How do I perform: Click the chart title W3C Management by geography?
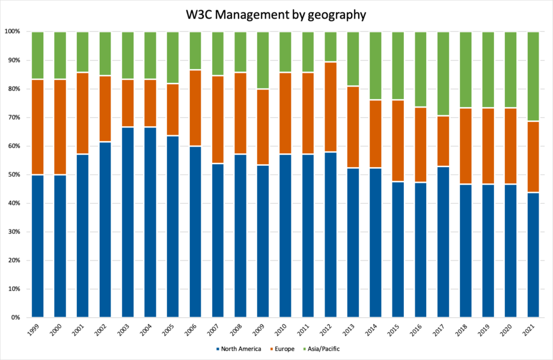pyautogui.click(x=276, y=14)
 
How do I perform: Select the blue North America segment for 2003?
pyautogui.click(x=128, y=222)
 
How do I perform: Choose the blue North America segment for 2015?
pyautogui.click(x=398, y=249)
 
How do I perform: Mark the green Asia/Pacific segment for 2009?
pyautogui.click(x=263, y=60)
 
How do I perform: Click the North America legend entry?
pyautogui.click(x=238, y=349)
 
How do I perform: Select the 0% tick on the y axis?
pyautogui.click(x=14, y=317)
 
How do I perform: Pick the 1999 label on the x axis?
pyautogui.click(x=34, y=330)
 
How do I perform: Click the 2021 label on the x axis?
pyautogui.click(x=530, y=330)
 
